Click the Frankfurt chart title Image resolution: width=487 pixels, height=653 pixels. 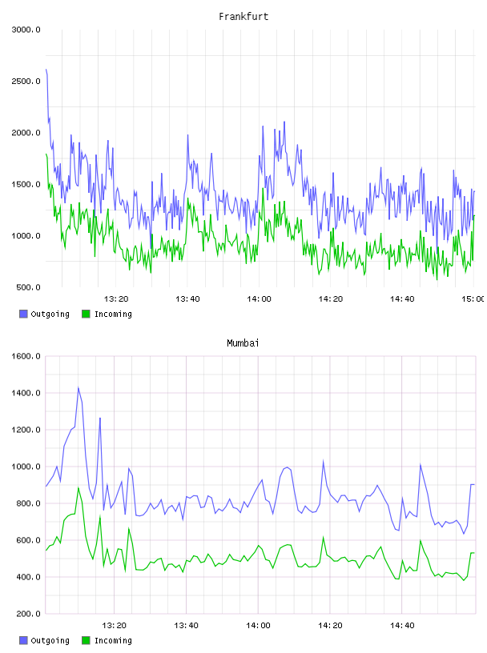(243, 17)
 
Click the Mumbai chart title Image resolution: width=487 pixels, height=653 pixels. (243, 343)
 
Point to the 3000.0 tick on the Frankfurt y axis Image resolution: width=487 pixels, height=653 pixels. (26, 30)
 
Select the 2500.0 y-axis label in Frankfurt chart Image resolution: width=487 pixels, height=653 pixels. (26, 81)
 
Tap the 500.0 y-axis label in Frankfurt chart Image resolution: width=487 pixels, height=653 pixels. (28, 287)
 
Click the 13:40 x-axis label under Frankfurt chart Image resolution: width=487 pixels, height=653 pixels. (187, 299)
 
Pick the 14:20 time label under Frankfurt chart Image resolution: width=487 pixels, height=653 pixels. (331, 299)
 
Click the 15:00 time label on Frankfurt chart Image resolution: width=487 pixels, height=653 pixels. (473, 299)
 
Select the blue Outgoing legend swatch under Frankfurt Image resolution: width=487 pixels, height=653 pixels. (23, 314)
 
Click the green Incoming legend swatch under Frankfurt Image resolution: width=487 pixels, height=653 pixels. (86, 314)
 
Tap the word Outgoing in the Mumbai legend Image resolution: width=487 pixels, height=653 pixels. (50, 640)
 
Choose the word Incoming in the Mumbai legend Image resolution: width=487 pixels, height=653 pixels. (113, 640)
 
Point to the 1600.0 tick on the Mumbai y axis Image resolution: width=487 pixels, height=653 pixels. (26, 356)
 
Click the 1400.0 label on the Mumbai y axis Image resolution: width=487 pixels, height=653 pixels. (26, 393)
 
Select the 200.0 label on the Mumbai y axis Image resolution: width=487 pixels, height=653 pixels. (28, 614)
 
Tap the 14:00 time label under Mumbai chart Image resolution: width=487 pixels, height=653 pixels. (258, 626)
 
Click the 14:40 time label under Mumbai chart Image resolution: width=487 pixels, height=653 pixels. (402, 626)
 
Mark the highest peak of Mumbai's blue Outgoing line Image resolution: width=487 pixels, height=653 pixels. (78, 387)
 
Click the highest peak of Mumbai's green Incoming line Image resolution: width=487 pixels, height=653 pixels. (78, 487)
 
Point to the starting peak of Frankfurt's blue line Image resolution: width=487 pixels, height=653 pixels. (46, 69)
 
